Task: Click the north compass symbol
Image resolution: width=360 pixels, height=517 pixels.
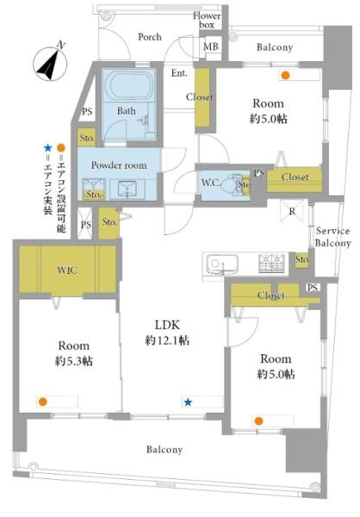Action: click(51, 62)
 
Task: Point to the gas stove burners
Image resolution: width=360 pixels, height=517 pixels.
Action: click(271, 264)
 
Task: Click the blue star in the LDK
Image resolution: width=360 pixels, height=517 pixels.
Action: click(188, 402)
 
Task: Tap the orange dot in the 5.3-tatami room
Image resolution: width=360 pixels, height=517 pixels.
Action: click(42, 402)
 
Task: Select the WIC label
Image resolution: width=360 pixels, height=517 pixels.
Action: click(67, 270)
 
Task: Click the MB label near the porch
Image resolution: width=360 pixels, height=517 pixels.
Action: click(211, 47)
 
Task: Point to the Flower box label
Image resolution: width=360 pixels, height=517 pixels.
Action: click(207, 20)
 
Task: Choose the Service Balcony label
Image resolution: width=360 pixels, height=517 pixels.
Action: click(332, 237)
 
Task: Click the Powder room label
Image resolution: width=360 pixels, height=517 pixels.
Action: click(119, 165)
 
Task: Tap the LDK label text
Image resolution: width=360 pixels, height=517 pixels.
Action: click(167, 325)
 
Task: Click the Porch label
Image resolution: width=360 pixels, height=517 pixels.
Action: click(150, 36)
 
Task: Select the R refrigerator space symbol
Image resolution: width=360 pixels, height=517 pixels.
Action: click(292, 211)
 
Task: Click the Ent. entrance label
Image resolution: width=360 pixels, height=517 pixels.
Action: click(179, 73)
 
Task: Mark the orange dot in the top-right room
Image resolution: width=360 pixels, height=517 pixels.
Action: click(285, 76)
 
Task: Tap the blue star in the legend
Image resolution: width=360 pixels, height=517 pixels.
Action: click(48, 148)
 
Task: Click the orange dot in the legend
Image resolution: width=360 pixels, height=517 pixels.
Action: click(61, 147)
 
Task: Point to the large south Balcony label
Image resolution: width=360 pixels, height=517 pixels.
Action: click(164, 450)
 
